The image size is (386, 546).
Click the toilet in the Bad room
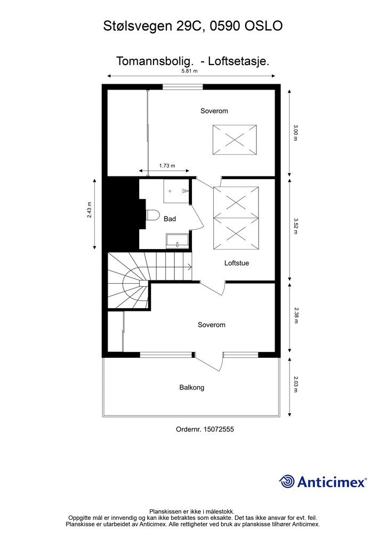point(153,215)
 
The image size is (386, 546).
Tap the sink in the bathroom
point(177,241)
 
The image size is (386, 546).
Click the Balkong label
point(191,388)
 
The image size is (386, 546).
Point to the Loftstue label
point(237,263)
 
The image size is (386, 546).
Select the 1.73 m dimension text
point(167,166)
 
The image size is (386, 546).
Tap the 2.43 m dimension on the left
point(90,210)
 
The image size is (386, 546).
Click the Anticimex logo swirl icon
point(287,481)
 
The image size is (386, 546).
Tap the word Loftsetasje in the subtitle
point(238,61)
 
